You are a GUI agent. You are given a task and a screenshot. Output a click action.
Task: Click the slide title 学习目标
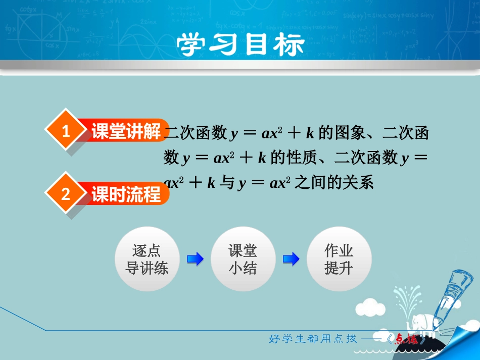(x=241, y=45)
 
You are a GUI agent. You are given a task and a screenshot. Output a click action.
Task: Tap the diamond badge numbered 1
(x=66, y=132)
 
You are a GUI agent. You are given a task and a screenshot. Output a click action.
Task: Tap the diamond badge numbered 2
(x=66, y=194)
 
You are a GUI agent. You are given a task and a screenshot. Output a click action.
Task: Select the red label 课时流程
(x=125, y=194)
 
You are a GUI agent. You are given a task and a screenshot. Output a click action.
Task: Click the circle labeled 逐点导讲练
(x=147, y=259)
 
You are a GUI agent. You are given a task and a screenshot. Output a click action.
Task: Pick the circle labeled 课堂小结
(x=243, y=259)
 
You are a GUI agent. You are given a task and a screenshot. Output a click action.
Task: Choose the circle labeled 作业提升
(x=339, y=259)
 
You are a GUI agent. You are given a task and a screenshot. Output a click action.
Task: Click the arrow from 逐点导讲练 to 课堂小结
(x=195, y=259)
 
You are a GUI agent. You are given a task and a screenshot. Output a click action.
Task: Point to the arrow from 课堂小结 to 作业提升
(x=291, y=259)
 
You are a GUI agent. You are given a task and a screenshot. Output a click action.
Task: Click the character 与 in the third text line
(x=228, y=182)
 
